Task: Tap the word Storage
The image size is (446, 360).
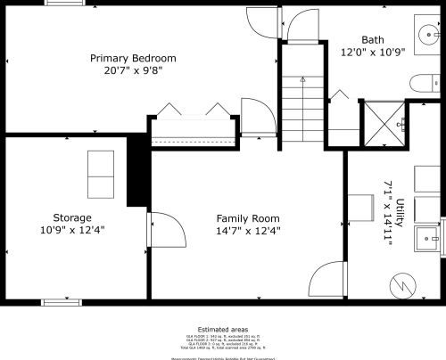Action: click(x=71, y=217)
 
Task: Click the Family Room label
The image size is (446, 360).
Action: click(x=248, y=218)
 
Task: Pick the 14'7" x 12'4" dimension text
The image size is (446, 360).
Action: click(x=248, y=230)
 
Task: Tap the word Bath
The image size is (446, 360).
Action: click(x=373, y=40)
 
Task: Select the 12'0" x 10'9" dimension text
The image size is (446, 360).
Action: click(x=373, y=52)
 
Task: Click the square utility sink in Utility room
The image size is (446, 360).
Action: click(x=428, y=239)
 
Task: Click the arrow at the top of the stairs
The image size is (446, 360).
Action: click(x=302, y=80)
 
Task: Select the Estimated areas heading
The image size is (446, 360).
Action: click(x=223, y=330)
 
